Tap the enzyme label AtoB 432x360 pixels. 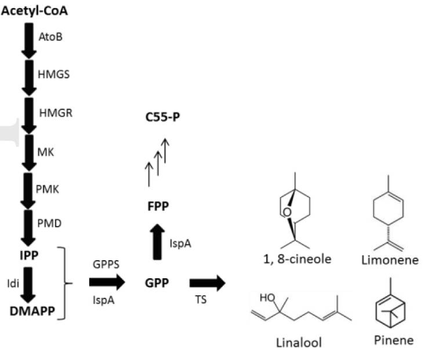(x=50, y=37)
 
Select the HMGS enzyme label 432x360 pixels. (x=53, y=75)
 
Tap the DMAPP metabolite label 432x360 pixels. (x=31, y=311)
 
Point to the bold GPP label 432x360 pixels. (x=157, y=283)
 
